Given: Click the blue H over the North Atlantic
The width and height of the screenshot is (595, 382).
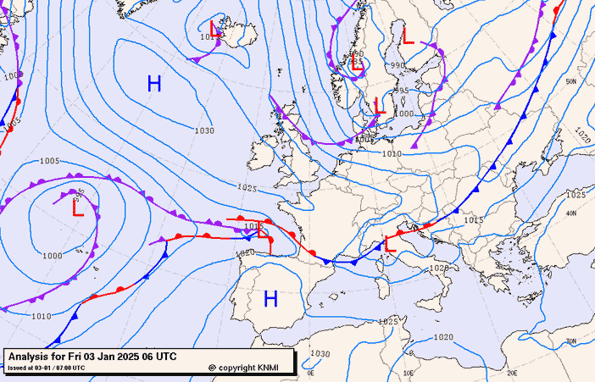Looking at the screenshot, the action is pyautogui.click(x=153, y=83).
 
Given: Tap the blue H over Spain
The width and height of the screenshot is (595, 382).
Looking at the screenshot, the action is pyautogui.click(x=270, y=298).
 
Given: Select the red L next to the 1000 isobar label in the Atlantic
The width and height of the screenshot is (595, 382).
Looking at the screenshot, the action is pyautogui.click(x=77, y=207).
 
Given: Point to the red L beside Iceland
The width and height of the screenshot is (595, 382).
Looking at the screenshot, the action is pyautogui.click(x=216, y=32).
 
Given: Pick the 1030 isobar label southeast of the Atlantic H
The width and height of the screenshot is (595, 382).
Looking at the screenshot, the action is pyautogui.click(x=203, y=130).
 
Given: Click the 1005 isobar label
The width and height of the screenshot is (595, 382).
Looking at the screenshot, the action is pyautogui.click(x=49, y=161).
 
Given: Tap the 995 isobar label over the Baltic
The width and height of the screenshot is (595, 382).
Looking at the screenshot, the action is pyautogui.click(x=402, y=91).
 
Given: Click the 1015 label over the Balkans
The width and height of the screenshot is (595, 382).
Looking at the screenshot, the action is pyautogui.click(x=473, y=220).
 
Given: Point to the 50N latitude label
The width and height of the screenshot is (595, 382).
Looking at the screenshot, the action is pyautogui.click(x=570, y=81).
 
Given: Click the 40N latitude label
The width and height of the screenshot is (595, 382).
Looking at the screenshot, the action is pyautogui.click(x=570, y=213).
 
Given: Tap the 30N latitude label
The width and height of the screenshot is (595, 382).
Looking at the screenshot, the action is pyautogui.click(x=570, y=341).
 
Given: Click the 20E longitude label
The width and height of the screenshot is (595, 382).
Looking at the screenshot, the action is pyautogui.click(x=511, y=371).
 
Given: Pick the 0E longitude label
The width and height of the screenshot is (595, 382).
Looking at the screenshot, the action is pyautogui.click(x=310, y=371).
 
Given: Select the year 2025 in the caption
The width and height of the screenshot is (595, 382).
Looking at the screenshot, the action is pyautogui.click(x=128, y=357).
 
